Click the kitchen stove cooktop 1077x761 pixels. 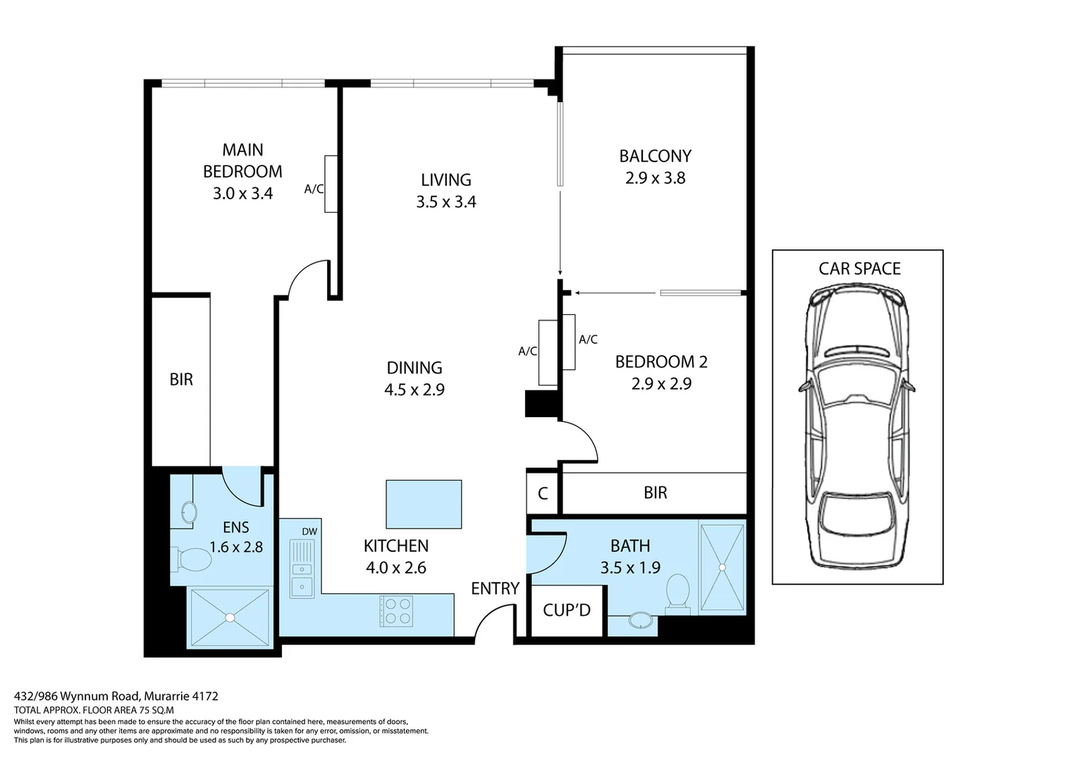click(396, 611)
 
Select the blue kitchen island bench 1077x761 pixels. click(424, 504)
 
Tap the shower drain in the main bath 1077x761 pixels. click(722, 568)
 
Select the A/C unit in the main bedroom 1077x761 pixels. click(331, 184)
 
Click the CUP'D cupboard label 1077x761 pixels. click(567, 610)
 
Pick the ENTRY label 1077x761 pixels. click(496, 588)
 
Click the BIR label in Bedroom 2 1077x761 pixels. click(656, 493)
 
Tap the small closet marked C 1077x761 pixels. click(542, 493)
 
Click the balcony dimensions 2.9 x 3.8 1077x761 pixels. click(655, 178)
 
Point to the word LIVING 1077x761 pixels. click(445, 180)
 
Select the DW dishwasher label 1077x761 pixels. click(309, 531)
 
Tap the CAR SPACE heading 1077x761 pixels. click(859, 268)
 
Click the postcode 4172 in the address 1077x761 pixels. click(205, 696)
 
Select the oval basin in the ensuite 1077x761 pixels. click(189, 513)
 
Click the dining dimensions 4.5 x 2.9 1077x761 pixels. click(414, 390)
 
